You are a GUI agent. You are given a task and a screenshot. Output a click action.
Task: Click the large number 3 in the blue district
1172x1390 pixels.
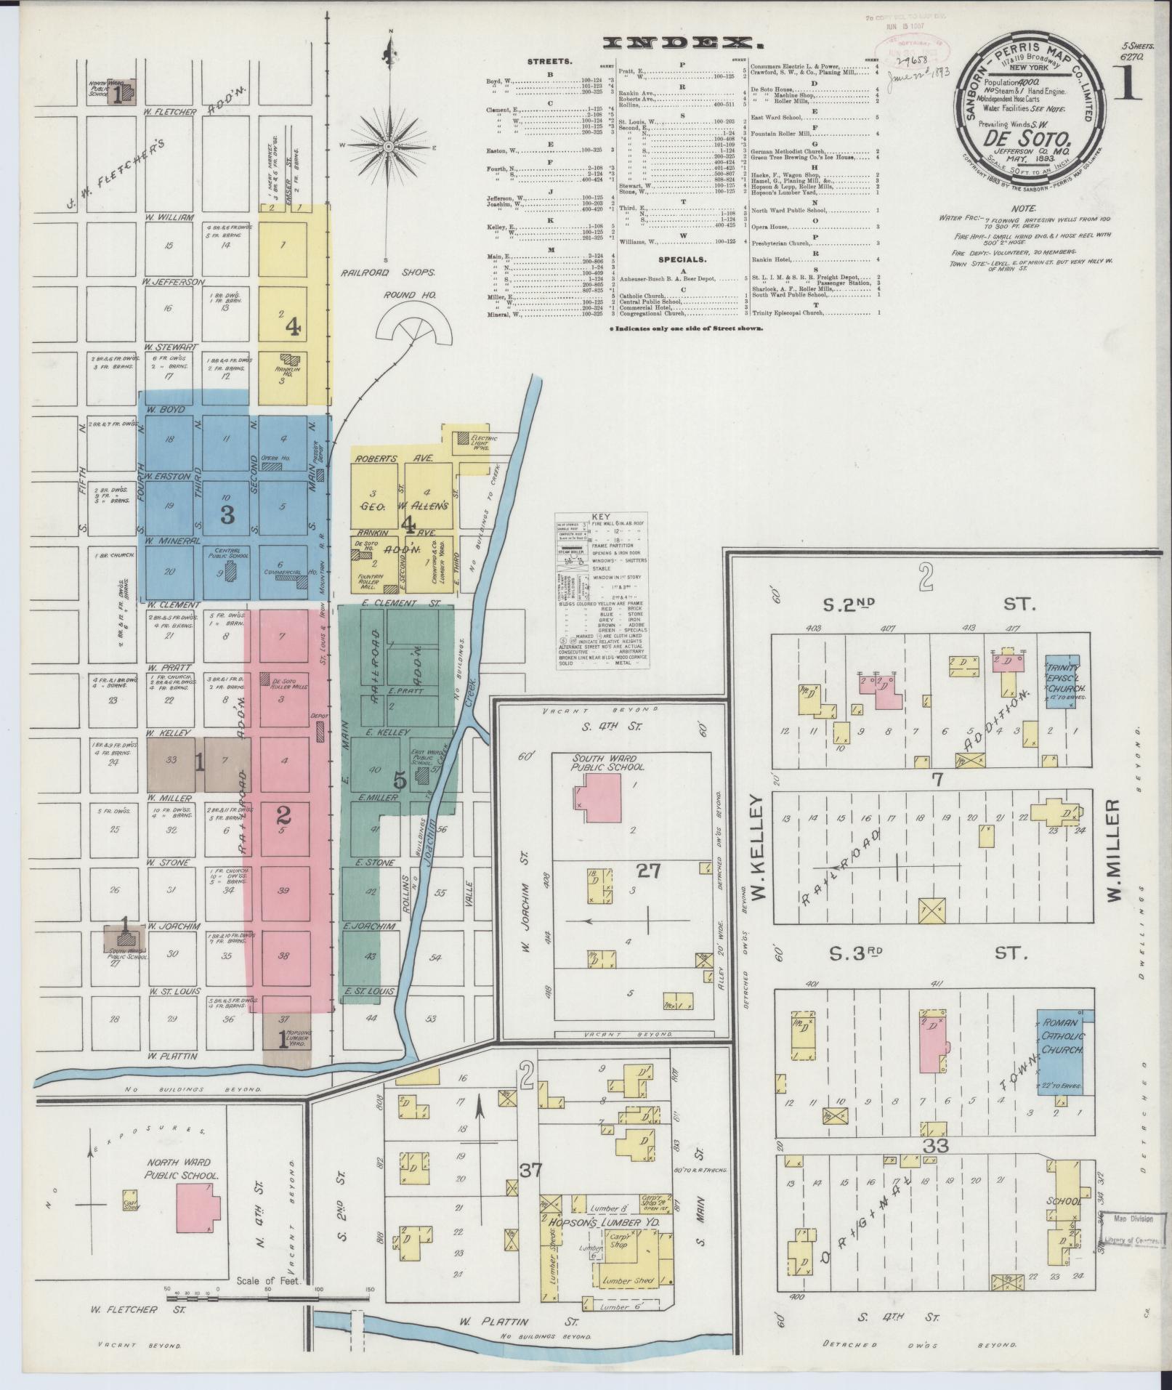[227, 515]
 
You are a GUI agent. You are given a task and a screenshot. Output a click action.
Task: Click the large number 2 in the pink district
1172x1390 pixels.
[284, 815]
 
